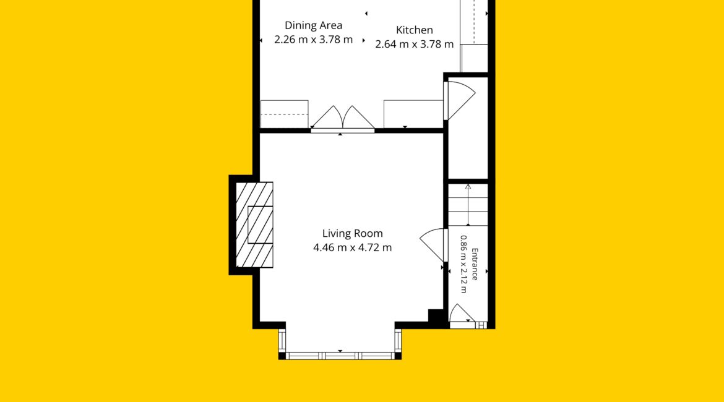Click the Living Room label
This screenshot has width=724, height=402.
(x=352, y=234)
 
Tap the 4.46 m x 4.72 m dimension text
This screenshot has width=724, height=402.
(x=352, y=248)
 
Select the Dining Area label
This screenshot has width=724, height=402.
(x=314, y=25)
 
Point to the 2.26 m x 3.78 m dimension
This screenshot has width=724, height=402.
(x=314, y=40)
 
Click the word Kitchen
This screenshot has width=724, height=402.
(x=415, y=30)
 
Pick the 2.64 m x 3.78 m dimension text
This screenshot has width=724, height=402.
(x=414, y=45)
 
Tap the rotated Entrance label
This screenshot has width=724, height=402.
(x=474, y=265)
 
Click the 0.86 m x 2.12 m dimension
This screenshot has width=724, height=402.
(x=463, y=265)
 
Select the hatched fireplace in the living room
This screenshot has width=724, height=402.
(x=254, y=225)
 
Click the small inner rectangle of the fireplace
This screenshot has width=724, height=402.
(x=261, y=225)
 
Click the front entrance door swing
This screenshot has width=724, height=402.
(x=462, y=313)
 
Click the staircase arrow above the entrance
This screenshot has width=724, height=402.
(x=468, y=205)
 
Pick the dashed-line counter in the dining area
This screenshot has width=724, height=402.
(x=285, y=114)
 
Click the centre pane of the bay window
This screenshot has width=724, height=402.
(x=340, y=356)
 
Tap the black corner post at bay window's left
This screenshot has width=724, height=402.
(x=282, y=356)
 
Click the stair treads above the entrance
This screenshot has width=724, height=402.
(x=468, y=205)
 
